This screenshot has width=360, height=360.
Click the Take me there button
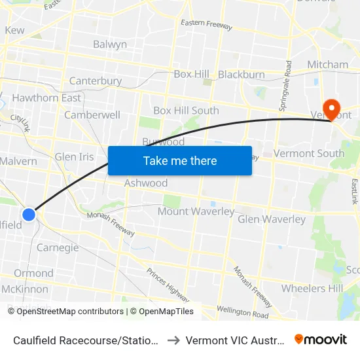click(179, 160)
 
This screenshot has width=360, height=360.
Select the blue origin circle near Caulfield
click(29, 214)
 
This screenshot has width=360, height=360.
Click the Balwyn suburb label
click(110, 45)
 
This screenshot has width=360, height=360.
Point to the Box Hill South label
click(186, 111)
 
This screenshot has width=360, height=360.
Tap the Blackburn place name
click(242, 75)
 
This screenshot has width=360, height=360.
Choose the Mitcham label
click(328, 64)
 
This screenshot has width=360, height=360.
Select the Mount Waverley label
click(196, 211)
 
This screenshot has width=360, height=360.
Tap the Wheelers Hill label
click(312, 288)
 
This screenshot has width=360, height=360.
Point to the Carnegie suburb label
click(58, 247)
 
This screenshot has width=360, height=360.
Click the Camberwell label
click(92, 115)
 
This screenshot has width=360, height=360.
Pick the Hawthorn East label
click(46, 98)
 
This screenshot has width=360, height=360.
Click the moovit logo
click(321, 339)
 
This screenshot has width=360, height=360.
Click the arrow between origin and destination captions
click(173, 340)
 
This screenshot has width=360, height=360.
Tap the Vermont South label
click(309, 153)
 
